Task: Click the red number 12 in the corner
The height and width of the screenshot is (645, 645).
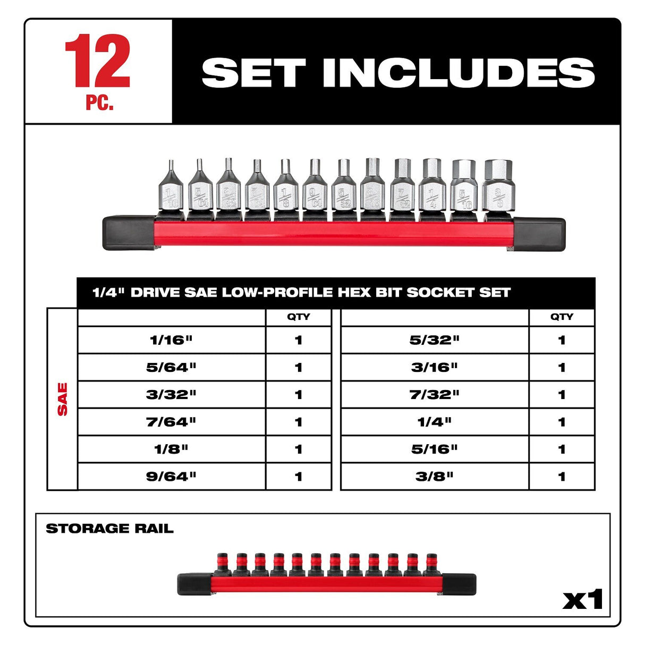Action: tap(98, 61)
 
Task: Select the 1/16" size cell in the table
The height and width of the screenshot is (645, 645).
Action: tap(171, 340)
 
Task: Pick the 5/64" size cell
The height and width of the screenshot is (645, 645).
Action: tap(171, 367)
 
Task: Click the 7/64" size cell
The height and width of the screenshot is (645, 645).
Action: tap(171, 422)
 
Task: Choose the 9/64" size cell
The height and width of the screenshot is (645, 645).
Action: tap(171, 477)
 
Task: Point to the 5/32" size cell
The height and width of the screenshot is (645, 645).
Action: tap(434, 340)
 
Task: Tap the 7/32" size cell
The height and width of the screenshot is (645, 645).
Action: tap(434, 395)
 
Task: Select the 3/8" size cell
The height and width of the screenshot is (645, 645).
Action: tap(434, 477)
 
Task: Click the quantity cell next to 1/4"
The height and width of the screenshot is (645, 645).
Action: tap(562, 422)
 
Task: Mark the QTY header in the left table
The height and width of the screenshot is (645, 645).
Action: tap(298, 317)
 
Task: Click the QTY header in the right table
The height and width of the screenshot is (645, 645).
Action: tap(562, 317)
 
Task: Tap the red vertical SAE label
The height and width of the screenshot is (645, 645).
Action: tap(63, 399)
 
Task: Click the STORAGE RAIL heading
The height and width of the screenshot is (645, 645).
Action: tap(109, 529)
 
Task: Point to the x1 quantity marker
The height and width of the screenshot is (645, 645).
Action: tap(583, 600)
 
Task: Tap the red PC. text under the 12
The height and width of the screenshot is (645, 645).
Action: tap(99, 103)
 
